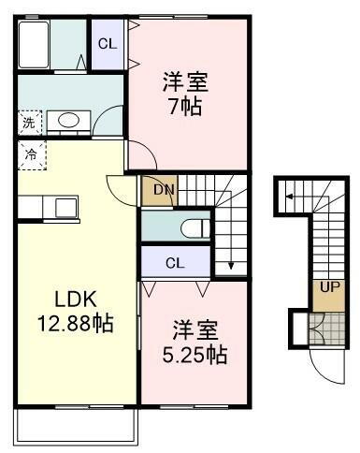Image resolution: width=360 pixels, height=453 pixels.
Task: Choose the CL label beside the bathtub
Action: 108,43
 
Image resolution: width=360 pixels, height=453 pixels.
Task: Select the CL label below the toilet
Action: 175,263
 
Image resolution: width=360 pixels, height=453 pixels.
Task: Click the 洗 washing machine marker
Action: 28,122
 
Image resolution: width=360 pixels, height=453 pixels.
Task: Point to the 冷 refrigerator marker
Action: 28,154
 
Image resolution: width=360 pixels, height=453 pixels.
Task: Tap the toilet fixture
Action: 192,227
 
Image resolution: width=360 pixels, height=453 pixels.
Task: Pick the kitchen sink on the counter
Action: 65,205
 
